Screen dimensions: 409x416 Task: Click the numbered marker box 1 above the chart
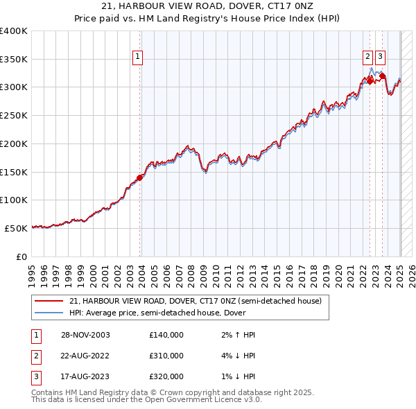click(x=137, y=58)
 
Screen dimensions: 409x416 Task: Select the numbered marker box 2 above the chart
click(x=367, y=58)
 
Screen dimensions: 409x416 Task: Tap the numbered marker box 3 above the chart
click(x=381, y=58)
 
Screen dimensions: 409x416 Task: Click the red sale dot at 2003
click(x=140, y=177)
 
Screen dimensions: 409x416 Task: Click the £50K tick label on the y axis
click(x=17, y=228)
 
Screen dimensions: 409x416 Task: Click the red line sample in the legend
click(x=49, y=302)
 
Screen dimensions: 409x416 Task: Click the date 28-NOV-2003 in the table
click(x=84, y=335)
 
